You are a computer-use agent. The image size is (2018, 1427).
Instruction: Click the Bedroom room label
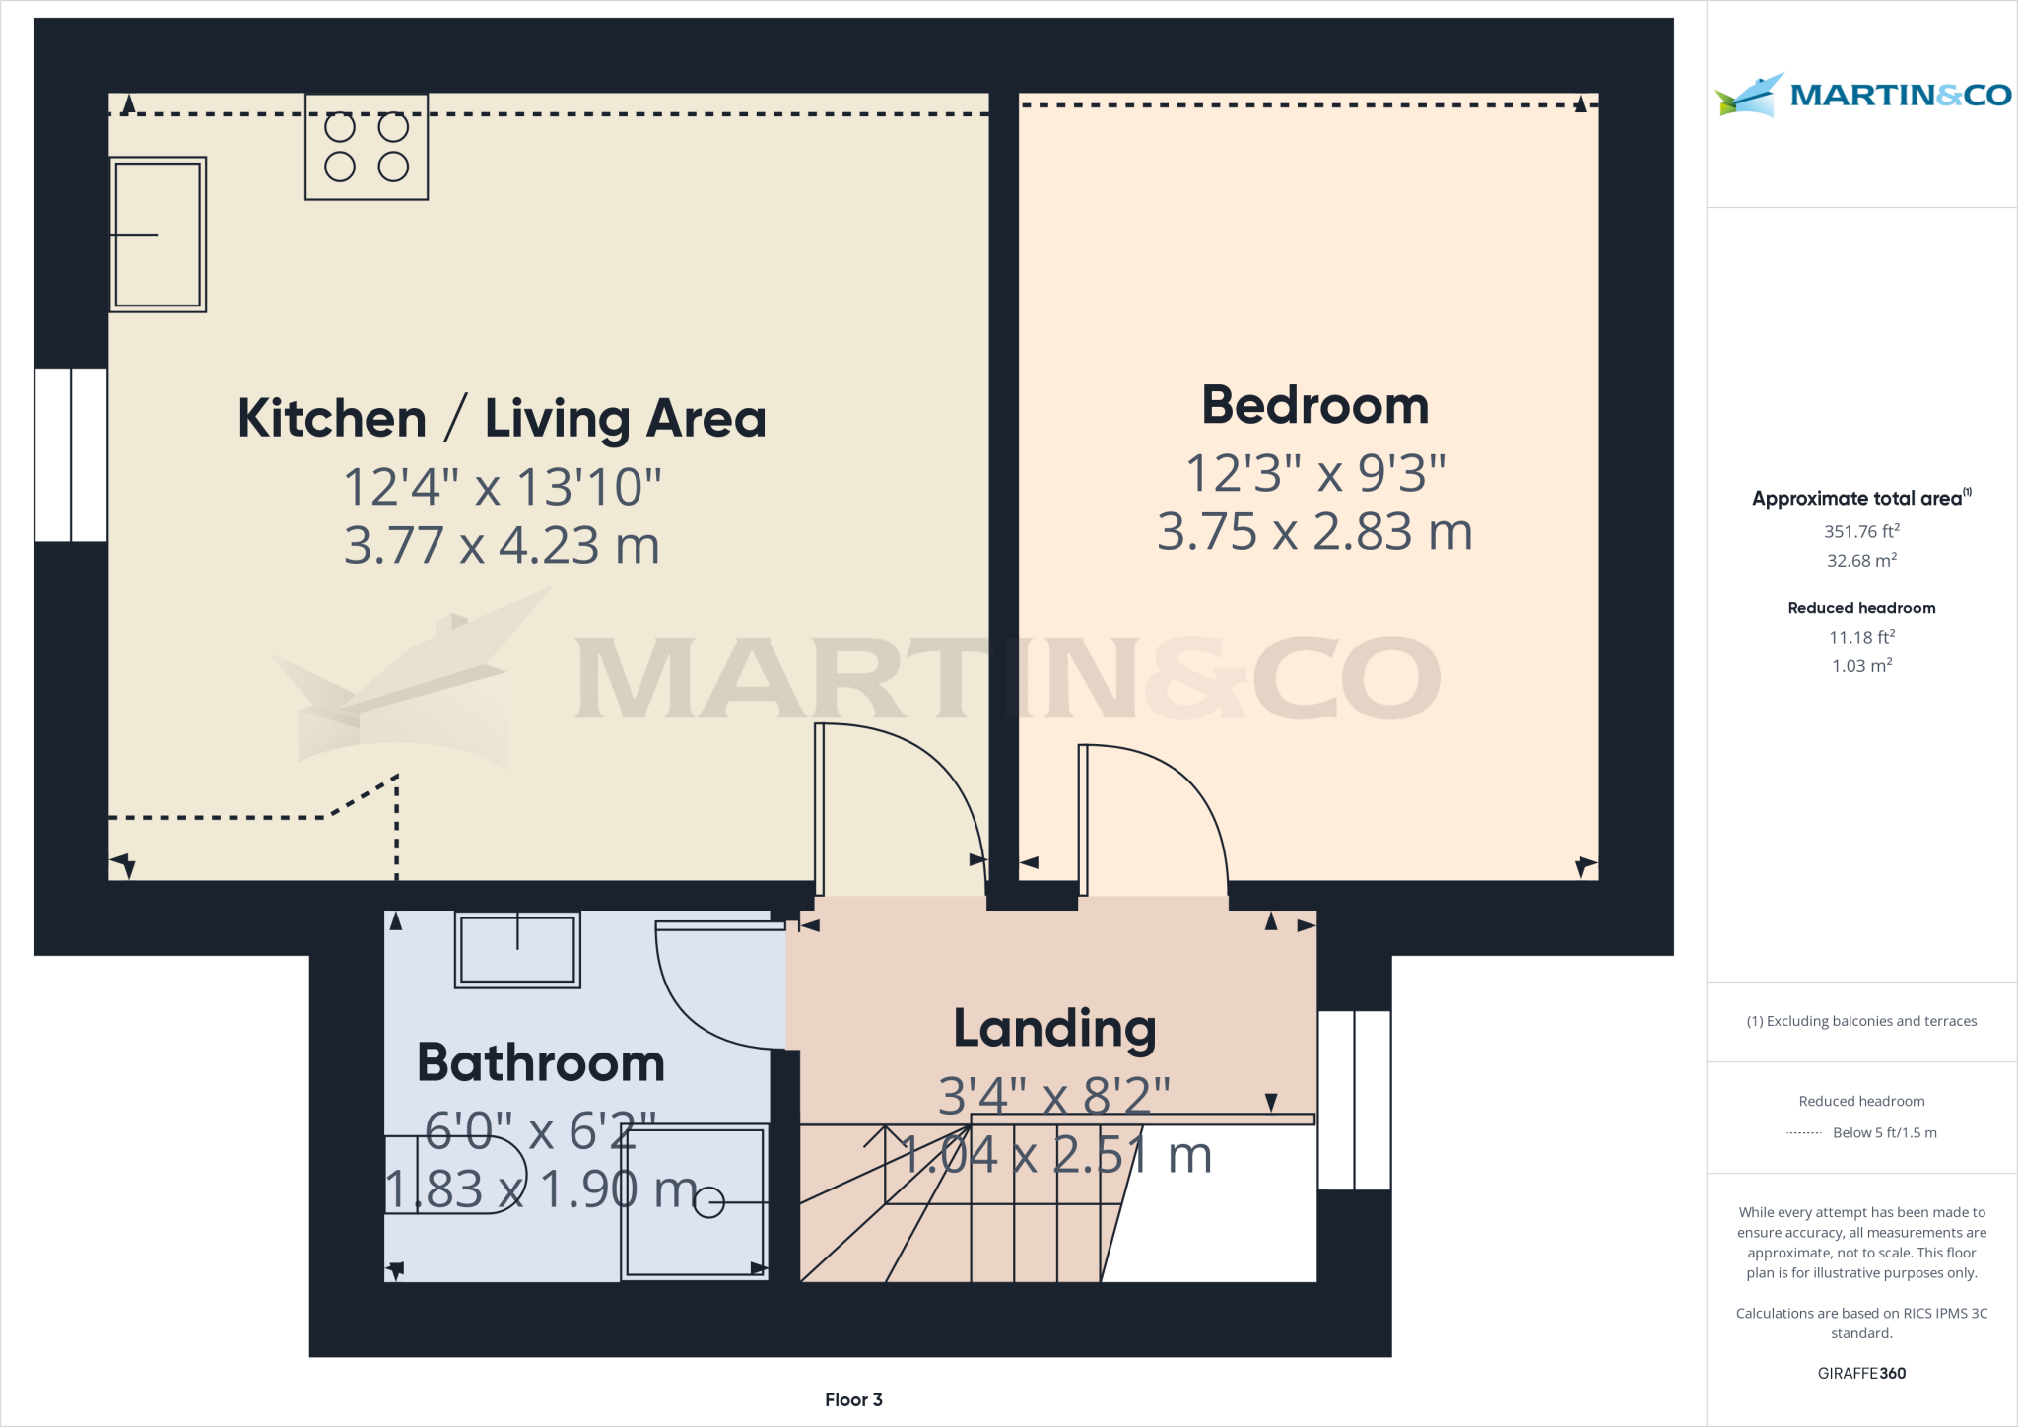(x=1314, y=405)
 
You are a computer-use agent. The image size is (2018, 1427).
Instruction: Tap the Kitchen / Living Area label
(x=502, y=418)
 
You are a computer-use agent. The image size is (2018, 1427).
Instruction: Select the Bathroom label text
(x=541, y=1062)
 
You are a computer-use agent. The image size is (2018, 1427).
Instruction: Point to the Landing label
(x=1054, y=1028)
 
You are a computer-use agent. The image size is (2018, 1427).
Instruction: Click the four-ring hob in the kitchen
(x=367, y=147)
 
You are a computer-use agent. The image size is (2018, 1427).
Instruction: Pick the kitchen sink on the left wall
(x=158, y=235)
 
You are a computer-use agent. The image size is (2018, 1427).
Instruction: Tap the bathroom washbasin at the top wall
(x=517, y=949)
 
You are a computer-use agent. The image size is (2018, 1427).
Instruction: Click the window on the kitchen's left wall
(x=71, y=455)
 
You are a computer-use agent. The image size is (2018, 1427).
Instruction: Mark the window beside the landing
(x=1354, y=1100)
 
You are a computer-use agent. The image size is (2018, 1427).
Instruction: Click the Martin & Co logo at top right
(x=1861, y=96)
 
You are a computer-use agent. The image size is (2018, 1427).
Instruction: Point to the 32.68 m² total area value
(x=1861, y=561)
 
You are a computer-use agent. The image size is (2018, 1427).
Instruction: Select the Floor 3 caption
(x=853, y=1399)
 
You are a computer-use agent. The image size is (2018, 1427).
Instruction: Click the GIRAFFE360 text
(x=1861, y=1373)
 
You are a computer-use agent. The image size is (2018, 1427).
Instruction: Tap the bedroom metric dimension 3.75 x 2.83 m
(x=1314, y=532)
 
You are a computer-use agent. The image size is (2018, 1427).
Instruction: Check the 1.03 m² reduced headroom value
(x=1861, y=666)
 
